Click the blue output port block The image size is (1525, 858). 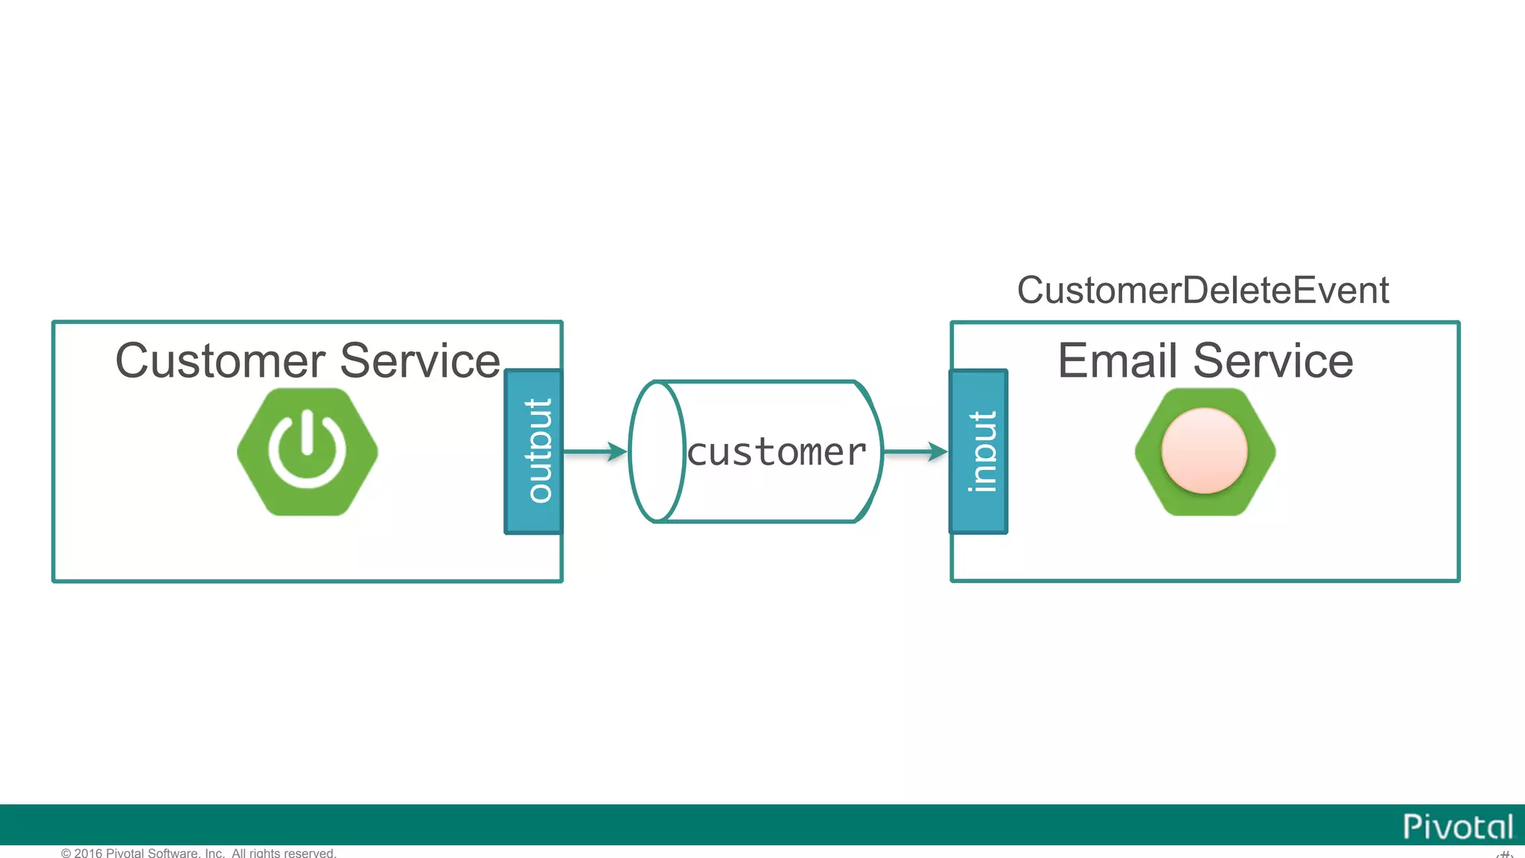point(533,451)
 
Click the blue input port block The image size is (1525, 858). point(978,451)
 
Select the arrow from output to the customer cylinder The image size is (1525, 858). point(592,451)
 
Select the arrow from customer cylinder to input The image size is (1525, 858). point(912,451)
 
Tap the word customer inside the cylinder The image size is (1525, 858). point(776,453)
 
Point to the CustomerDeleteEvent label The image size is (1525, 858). point(1202,290)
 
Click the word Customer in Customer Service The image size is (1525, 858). point(220,361)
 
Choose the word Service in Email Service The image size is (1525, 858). point(1273,361)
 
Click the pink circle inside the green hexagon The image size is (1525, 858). point(1204,451)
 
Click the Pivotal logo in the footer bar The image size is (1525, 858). point(1457,827)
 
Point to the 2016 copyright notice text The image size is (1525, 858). point(198,853)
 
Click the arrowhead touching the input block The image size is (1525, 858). point(937,451)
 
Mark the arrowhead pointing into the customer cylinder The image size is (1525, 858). point(617,451)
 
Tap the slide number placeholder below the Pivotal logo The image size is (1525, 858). point(1504,854)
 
